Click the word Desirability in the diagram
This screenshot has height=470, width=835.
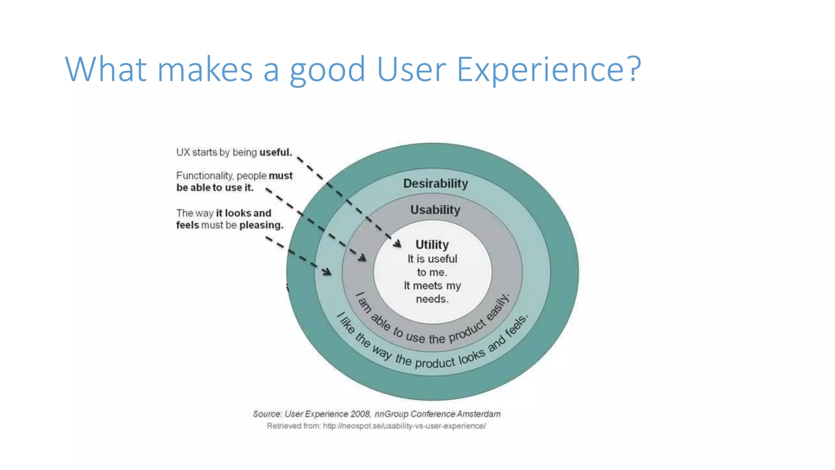(x=435, y=184)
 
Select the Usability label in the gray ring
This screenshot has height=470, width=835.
(x=435, y=210)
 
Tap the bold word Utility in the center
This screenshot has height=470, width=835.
(x=432, y=244)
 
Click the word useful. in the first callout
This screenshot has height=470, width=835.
(x=276, y=152)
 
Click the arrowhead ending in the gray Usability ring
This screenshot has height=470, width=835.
(x=362, y=258)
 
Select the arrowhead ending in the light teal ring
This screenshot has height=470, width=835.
(x=327, y=272)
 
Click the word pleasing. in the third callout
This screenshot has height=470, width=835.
(x=261, y=225)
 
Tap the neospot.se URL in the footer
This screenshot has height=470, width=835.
(x=404, y=426)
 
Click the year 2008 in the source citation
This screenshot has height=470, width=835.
(x=360, y=414)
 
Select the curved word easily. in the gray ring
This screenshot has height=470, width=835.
(x=498, y=307)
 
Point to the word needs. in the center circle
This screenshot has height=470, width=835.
(x=432, y=299)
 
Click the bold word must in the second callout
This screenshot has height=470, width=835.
(x=281, y=176)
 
